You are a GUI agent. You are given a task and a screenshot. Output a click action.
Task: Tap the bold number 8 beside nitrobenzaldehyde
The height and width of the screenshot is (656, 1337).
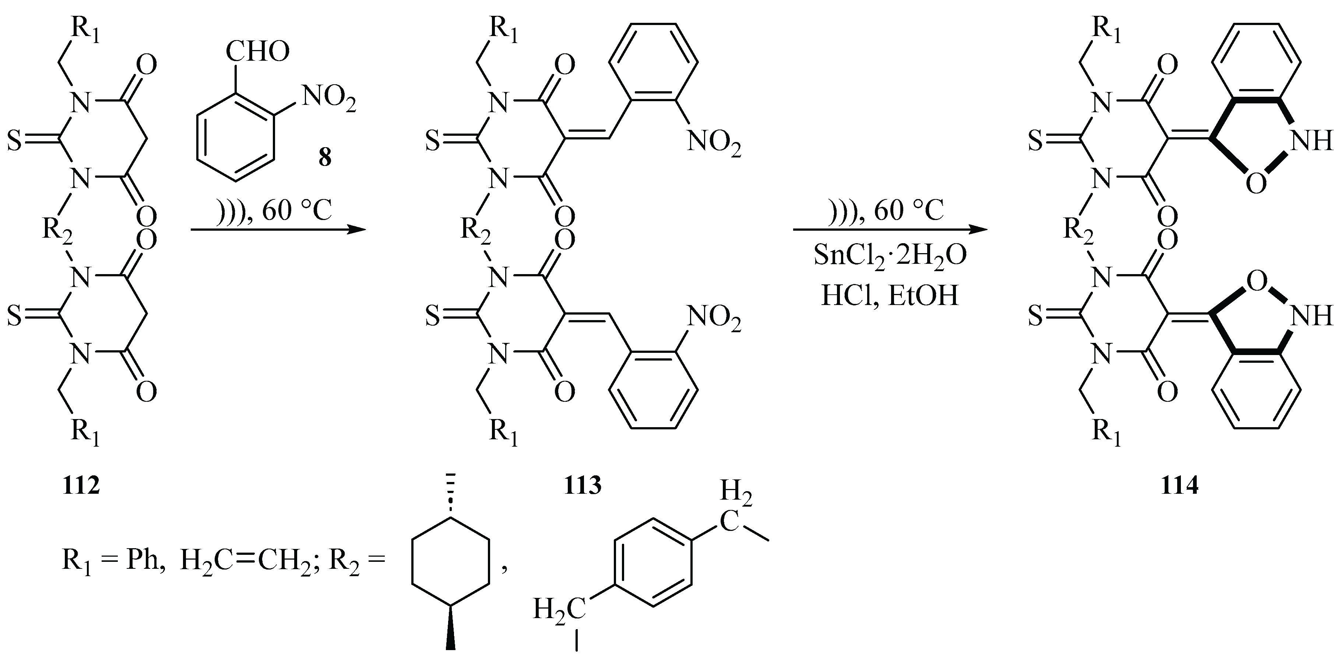coord(325,157)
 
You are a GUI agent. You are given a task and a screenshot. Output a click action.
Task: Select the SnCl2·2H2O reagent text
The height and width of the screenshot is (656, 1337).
coord(890,256)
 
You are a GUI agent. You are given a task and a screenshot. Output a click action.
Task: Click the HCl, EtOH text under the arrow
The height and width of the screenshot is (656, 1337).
coord(890,296)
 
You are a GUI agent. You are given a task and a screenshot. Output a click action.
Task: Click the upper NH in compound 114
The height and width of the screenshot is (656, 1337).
coord(1311,141)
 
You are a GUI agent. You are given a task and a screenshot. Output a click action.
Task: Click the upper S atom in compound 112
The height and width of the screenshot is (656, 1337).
coord(14,141)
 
